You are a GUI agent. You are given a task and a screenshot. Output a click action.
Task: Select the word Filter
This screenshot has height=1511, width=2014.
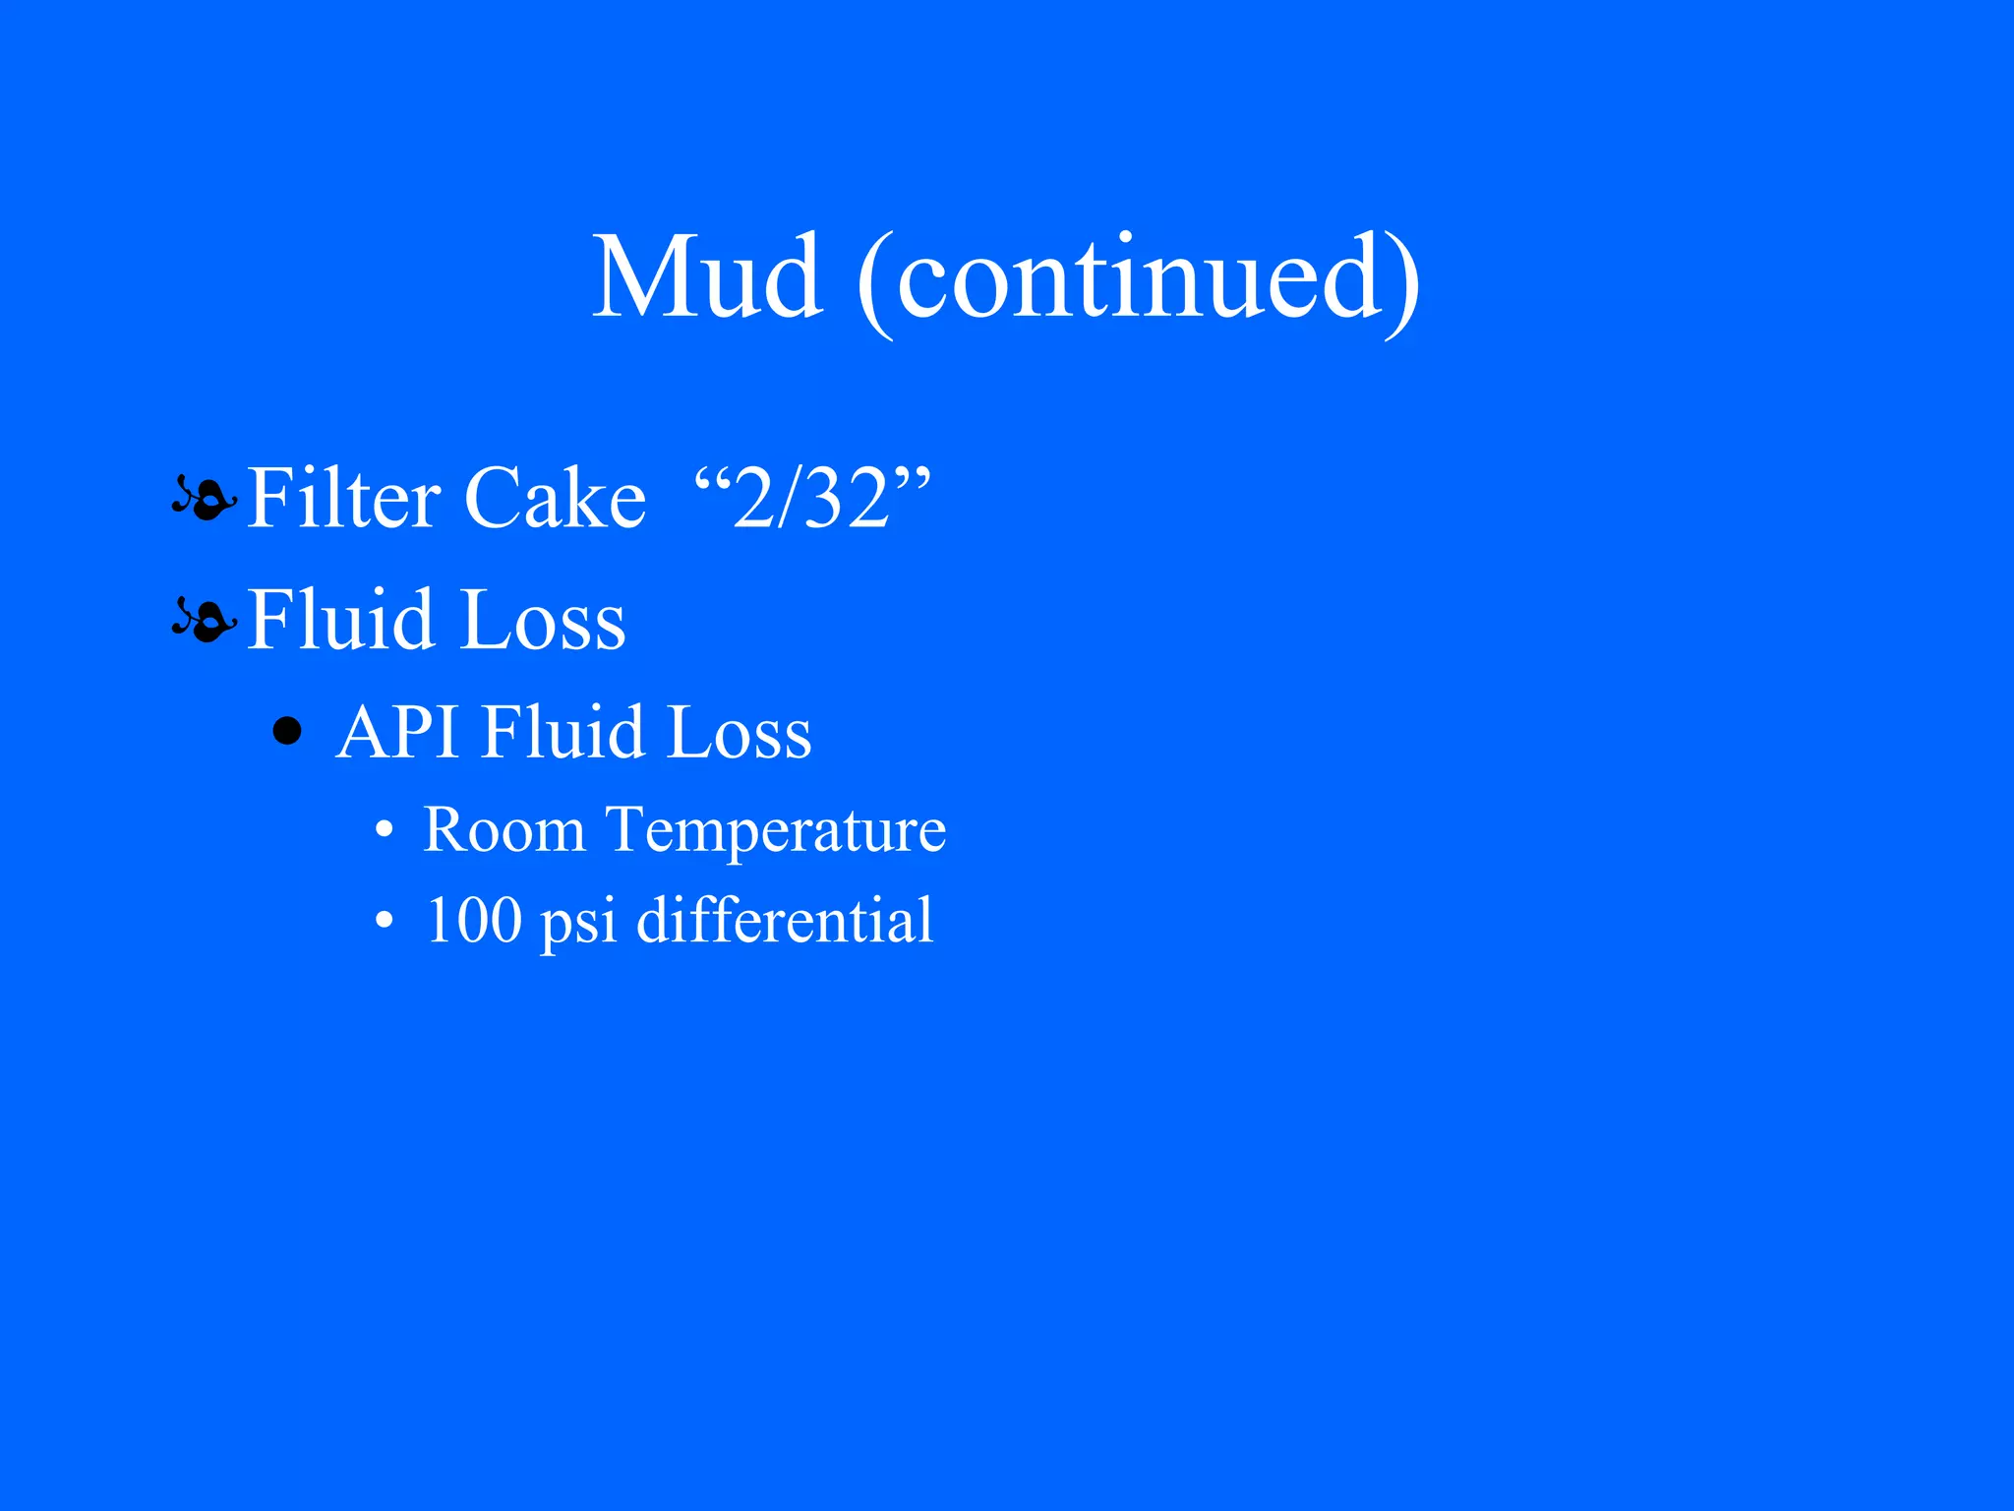point(343,498)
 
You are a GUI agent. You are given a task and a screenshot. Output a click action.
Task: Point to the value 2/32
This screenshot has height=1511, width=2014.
point(812,500)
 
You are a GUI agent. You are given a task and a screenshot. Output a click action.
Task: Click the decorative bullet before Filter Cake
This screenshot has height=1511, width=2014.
point(204,498)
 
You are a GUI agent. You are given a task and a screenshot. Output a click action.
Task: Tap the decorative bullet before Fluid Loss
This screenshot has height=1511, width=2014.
point(204,620)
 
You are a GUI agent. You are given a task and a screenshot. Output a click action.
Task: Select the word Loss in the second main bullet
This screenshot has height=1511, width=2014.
point(543,620)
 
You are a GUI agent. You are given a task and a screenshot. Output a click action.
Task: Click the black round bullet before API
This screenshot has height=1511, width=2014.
point(287,731)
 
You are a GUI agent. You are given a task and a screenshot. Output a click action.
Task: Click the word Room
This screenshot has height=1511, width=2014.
point(504,829)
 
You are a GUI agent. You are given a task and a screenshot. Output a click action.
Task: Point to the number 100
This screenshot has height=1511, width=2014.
point(473,921)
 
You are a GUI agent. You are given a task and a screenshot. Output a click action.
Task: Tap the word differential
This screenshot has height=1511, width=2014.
point(785,921)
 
